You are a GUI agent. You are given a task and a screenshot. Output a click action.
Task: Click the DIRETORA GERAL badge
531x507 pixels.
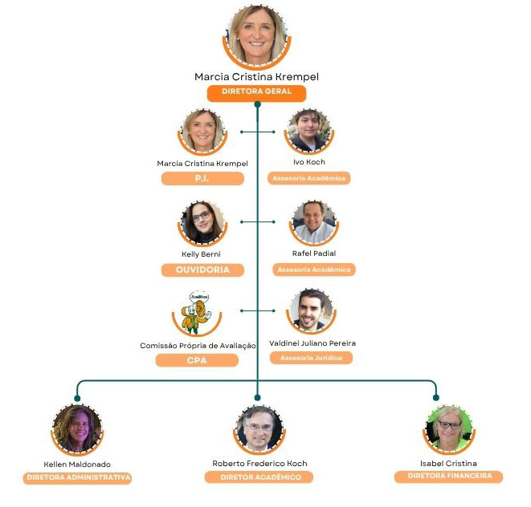pyautogui.click(x=256, y=91)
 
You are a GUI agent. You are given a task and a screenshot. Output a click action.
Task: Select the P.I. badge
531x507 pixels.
pyautogui.click(x=202, y=178)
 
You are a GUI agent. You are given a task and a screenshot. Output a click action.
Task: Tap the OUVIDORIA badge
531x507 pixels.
pyautogui.click(x=202, y=270)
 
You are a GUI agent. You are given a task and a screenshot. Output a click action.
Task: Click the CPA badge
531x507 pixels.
pyautogui.click(x=197, y=360)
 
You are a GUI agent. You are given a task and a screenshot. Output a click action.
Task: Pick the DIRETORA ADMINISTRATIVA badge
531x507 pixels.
pyautogui.click(x=77, y=477)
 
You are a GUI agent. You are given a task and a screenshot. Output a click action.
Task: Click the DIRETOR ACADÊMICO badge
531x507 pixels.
pyautogui.click(x=259, y=477)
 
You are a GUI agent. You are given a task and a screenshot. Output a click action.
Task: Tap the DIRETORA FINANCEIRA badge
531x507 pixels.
pyautogui.click(x=448, y=477)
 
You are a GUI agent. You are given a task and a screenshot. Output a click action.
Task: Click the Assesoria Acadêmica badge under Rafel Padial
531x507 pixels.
pyautogui.click(x=313, y=270)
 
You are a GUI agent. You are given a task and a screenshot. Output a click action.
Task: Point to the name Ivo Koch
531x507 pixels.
pyautogui.click(x=309, y=162)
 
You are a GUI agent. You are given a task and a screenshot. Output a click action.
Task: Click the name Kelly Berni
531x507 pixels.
pyautogui.click(x=200, y=254)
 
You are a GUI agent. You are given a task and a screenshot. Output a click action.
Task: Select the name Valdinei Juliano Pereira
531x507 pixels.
pyautogui.click(x=312, y=343)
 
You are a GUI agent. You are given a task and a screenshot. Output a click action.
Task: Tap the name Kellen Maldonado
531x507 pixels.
pyautogui.click(x=77, y=464)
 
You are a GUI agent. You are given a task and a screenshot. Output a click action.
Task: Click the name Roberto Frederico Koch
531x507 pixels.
pyautogui.click(x=259, y=464)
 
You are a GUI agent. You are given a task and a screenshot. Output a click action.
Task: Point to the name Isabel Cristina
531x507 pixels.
pyautogui.click(x=448, y=463)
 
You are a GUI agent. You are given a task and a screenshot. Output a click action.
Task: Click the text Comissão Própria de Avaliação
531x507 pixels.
pyautogui.click(x=198, y=345)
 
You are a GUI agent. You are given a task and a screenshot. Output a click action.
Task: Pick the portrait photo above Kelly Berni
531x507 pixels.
pyautogui.click(x=202, y=222)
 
